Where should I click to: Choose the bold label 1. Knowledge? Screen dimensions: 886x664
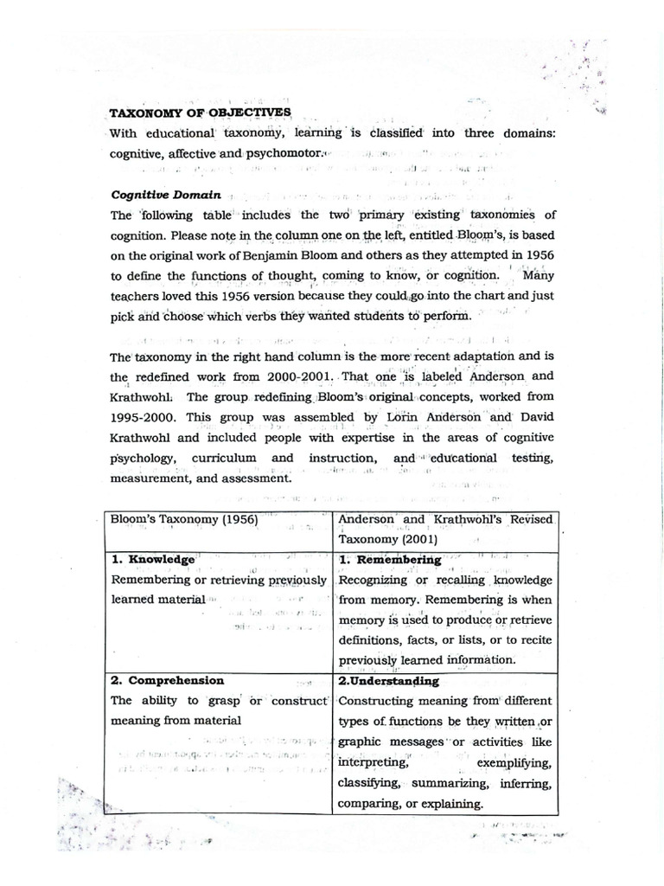pyautogui.click(x=154, y=560)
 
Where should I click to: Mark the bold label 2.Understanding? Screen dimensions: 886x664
pyautogui.click(x=389, y=682)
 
